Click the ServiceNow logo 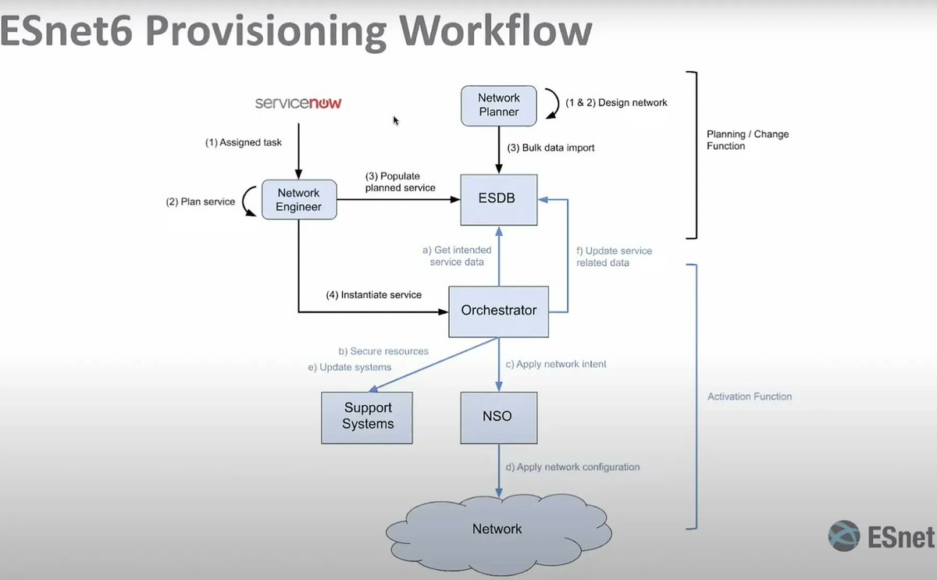(x=298, y=103)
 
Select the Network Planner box (x=499, y=105)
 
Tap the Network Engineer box (x=298, y=200)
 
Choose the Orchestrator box (x=499, y=311)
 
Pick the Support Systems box (x=368, y=416)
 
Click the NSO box (x=497, y=416)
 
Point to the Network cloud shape (x=497, y=529)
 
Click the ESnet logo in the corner (x=881, y=537)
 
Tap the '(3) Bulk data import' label (x=550, y=148)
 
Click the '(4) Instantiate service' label (x=373, y=295)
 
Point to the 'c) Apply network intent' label (x=556, y=365)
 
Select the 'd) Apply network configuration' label (x=572, y=467)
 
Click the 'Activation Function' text (x=749, y=397)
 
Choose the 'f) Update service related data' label (x=614, y=257)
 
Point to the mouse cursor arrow (x=396, y=120)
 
